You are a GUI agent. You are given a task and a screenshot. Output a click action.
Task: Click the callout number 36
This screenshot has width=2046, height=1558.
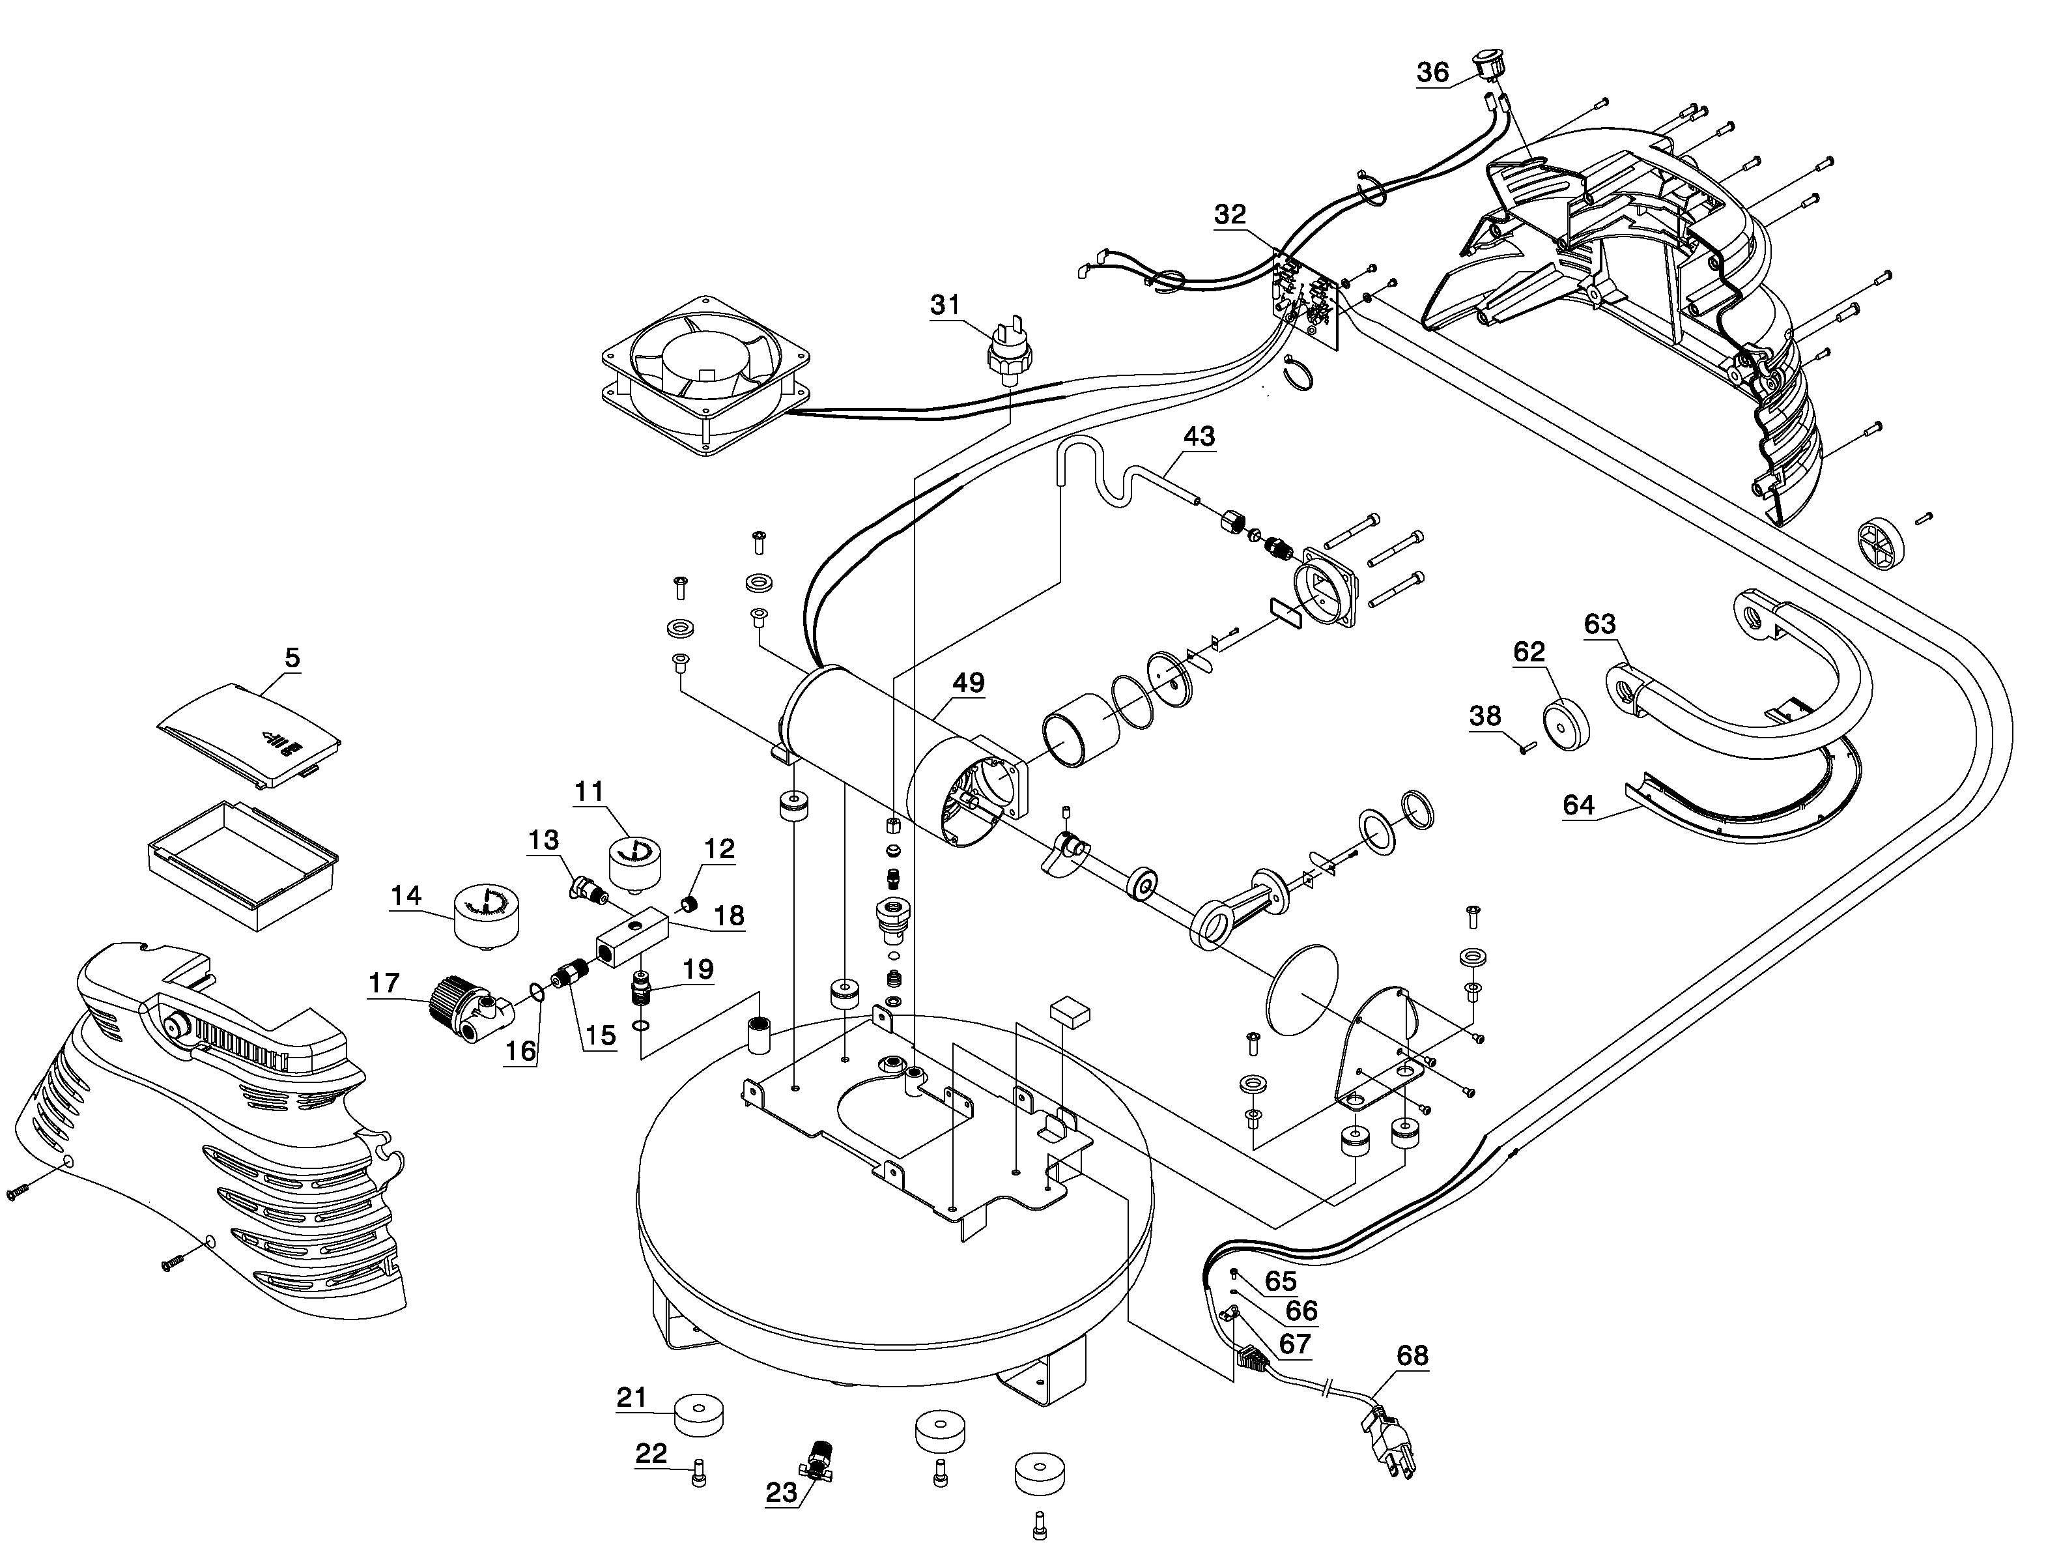1432,72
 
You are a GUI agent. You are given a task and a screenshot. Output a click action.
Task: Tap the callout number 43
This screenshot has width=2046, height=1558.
1199,436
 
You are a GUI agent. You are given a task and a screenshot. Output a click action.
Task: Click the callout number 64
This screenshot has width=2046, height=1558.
1579,804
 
